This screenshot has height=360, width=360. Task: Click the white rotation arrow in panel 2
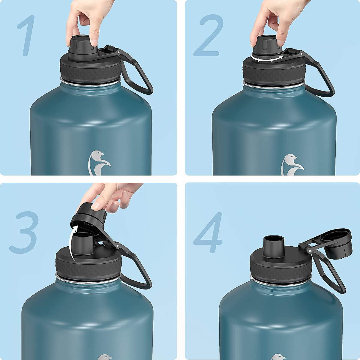[267, 59]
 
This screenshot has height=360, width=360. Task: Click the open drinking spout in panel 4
[274, 246]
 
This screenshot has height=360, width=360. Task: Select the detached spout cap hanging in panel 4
[337, 243]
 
